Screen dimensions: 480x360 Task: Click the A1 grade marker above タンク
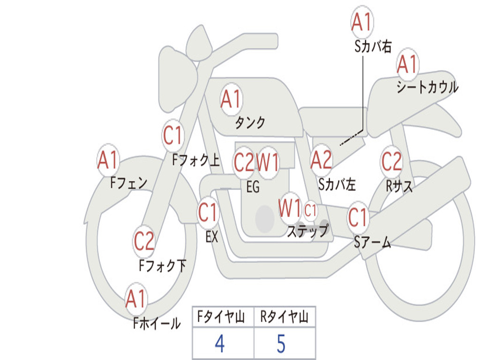coord(232,99)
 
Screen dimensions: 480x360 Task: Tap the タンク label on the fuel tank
coord(250,123)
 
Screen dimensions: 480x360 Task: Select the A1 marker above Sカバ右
coord(362,22)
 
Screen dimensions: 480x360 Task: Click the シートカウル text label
coord(427,87)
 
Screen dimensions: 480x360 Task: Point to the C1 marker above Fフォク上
coord(172,135)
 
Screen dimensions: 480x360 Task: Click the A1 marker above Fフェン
coord(108,160)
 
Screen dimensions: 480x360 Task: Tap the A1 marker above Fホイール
coord(135,299)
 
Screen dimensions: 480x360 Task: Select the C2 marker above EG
coord(244,162)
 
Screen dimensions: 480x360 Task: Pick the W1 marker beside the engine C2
coord(268,162)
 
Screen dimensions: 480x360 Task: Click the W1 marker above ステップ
coord(290,208)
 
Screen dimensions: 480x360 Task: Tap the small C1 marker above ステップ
coord(310,210)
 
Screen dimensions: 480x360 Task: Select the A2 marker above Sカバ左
coord(321,160)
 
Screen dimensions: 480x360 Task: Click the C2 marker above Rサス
coord(391,161)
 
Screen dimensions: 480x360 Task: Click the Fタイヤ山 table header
coord(221,317)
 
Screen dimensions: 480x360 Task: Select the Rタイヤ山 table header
coord(285,317)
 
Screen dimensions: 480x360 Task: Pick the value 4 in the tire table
coord(220,344)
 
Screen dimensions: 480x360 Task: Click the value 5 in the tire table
coord(281,344)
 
